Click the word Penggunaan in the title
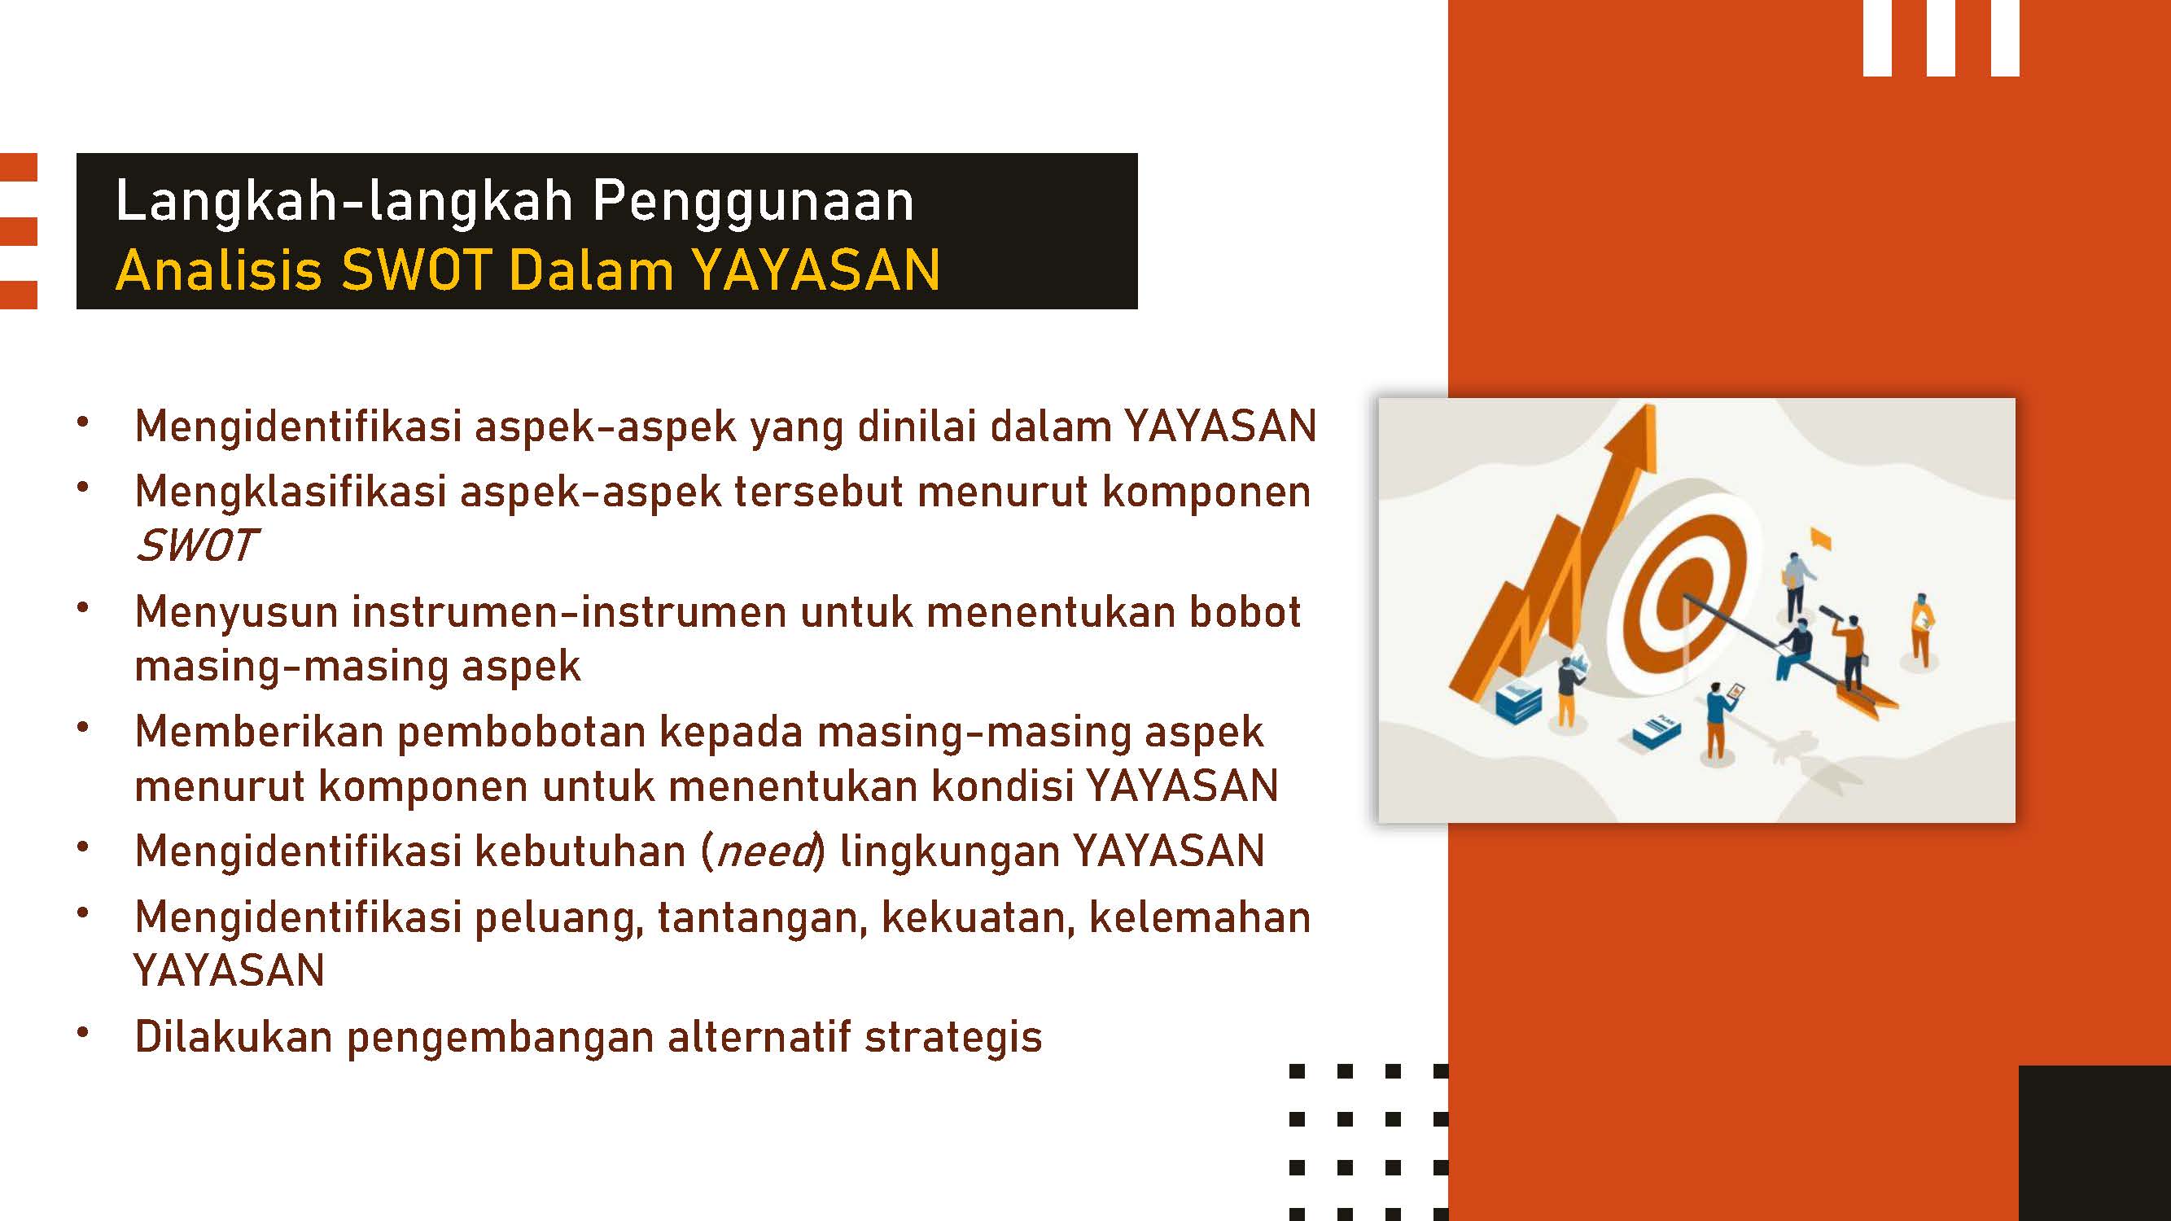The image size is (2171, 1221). click(753, 201)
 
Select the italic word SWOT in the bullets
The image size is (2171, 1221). click(195, 545)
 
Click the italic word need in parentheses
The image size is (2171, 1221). click(766, 852)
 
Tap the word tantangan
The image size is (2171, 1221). click(762, 918)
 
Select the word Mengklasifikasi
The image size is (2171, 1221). click(290, 492)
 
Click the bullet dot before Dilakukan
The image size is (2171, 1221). click(82, 1033)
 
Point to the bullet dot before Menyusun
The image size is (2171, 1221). click(82, 607)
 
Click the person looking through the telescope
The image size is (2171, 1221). click(1850, 652)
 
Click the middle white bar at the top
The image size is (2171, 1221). click(1940, 38)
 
